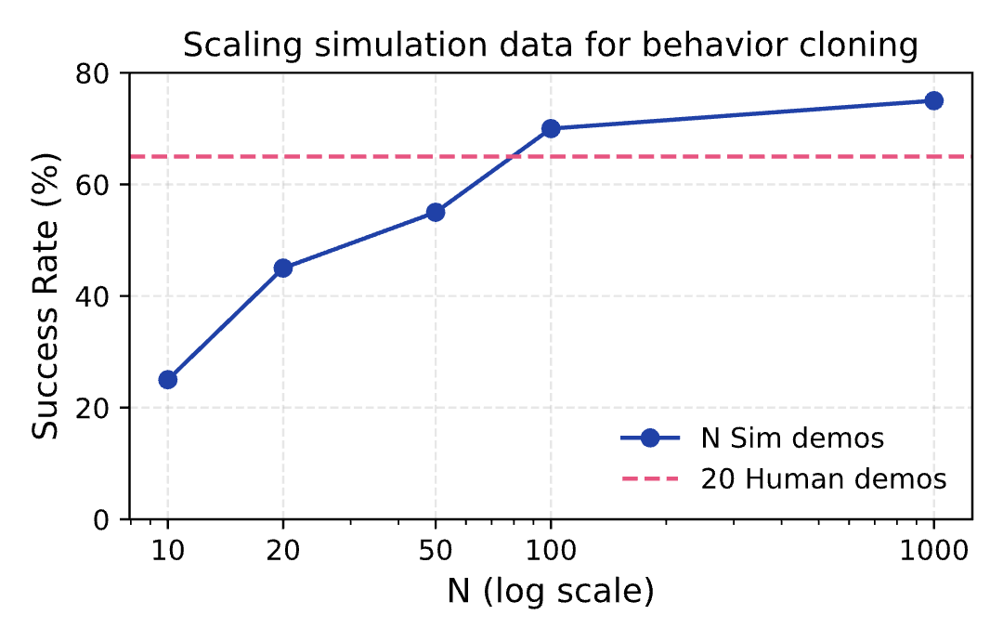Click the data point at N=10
168,379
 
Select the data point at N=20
283,268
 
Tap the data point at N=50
436,212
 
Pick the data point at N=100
551,128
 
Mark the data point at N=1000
934,100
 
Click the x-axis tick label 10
168,550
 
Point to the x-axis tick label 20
283,550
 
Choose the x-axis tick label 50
436,550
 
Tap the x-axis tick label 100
551,550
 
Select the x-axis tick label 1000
934,550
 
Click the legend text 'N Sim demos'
778,438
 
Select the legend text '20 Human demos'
824,479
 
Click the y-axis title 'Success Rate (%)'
46,295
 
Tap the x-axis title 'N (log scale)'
551,592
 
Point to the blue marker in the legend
650,438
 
